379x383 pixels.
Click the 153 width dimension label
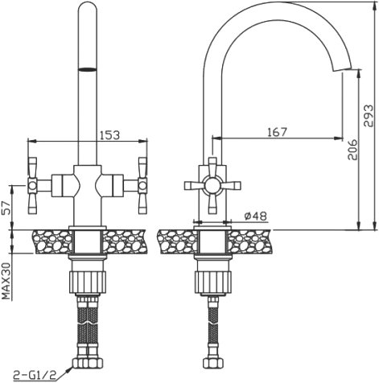109,135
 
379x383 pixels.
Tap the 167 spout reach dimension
278,132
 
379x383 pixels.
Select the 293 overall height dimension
368,115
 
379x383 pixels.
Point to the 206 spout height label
352,150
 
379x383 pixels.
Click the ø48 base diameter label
256,216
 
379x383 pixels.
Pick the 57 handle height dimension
6,208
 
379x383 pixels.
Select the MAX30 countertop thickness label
6,281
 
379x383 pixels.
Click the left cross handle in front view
32,185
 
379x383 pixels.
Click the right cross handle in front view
142,185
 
